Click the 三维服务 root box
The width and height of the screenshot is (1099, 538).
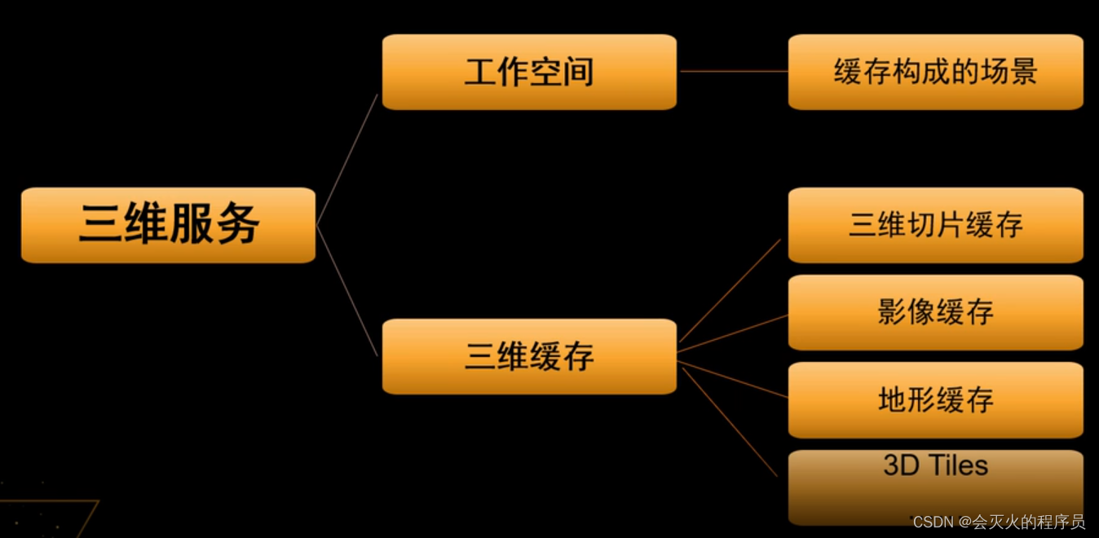coord(168,225)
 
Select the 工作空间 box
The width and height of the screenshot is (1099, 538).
coord(529,72)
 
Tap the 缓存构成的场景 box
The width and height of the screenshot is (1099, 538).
coord(935,72)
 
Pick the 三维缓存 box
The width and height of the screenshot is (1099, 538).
coord(529,356)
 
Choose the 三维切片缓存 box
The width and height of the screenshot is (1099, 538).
coord(935,225)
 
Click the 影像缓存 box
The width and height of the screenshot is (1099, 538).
coord(935,312)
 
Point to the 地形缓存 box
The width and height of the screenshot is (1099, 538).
coord(935,399)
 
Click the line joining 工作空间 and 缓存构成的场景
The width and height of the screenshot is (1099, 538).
coord(733,71)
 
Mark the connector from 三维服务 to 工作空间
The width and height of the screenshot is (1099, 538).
coord(348,159)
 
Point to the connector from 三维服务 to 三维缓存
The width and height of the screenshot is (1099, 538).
coord(348,292)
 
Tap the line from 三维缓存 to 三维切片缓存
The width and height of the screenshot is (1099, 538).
coord(730,290)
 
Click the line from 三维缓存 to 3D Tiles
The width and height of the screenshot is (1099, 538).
coord(730,422)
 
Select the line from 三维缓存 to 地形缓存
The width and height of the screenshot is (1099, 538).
coord(734,379)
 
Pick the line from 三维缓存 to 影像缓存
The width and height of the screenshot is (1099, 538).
coord(734,333)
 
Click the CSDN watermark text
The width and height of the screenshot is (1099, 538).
coord(999,522)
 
